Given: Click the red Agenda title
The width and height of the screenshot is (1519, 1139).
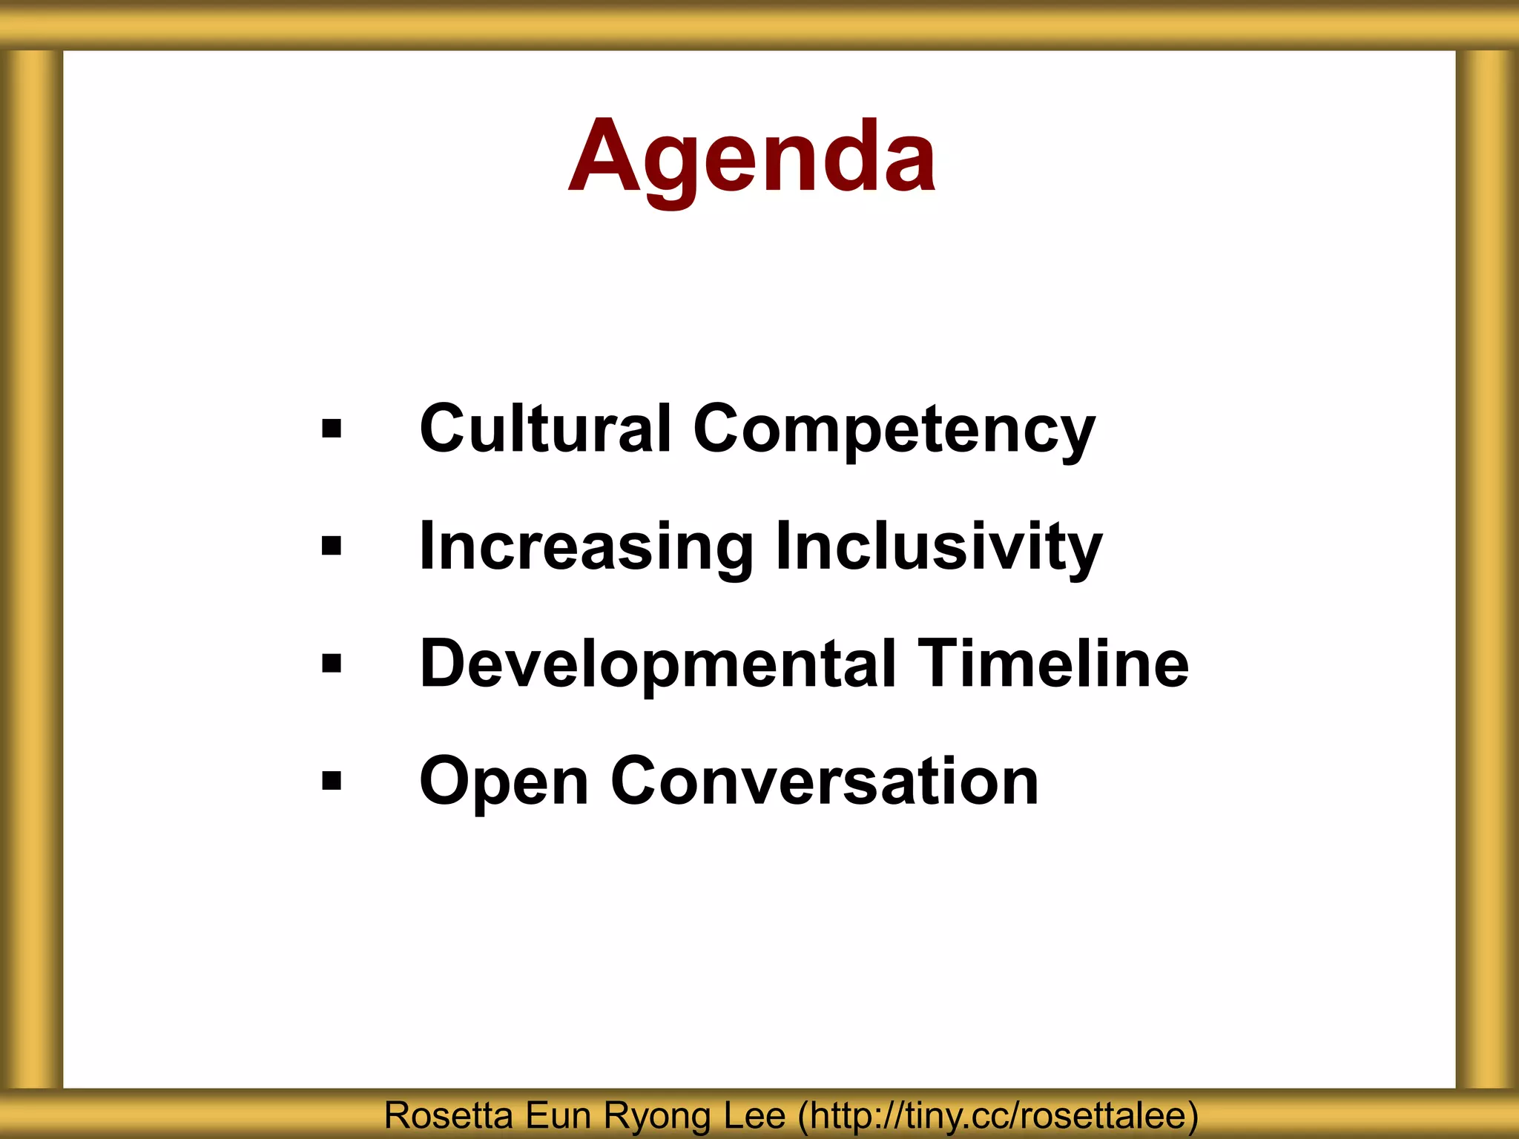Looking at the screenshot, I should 752,157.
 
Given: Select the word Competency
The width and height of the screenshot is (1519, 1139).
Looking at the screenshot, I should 894,430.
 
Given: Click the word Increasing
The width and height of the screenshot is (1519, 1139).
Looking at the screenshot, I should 586,547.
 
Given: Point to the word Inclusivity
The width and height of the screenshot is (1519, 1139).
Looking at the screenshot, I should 938,547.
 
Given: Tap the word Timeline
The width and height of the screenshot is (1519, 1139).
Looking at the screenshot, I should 1052,663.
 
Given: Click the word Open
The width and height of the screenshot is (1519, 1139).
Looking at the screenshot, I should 504,782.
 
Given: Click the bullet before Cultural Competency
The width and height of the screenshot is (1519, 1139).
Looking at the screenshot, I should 332,429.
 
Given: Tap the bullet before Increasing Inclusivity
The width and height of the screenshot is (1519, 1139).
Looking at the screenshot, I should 332,547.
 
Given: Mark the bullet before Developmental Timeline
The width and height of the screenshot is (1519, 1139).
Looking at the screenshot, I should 332,663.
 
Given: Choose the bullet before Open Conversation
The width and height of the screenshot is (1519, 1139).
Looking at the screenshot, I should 332,780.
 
